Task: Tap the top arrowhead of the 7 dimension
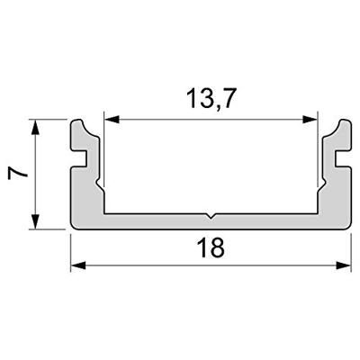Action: (x=36, y=124)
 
